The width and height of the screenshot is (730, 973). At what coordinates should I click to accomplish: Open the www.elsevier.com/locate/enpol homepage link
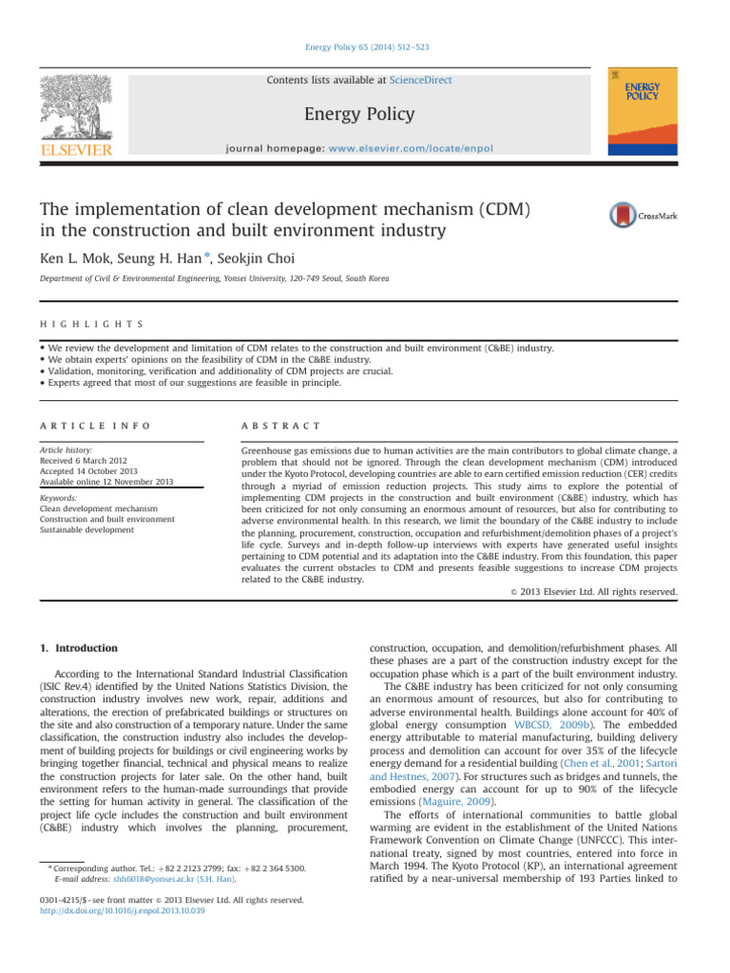418,149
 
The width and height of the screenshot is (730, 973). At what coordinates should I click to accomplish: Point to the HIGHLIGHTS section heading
80,324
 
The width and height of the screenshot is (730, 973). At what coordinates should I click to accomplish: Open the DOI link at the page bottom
124,910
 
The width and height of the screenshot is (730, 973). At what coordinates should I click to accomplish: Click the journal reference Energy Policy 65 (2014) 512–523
364,46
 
